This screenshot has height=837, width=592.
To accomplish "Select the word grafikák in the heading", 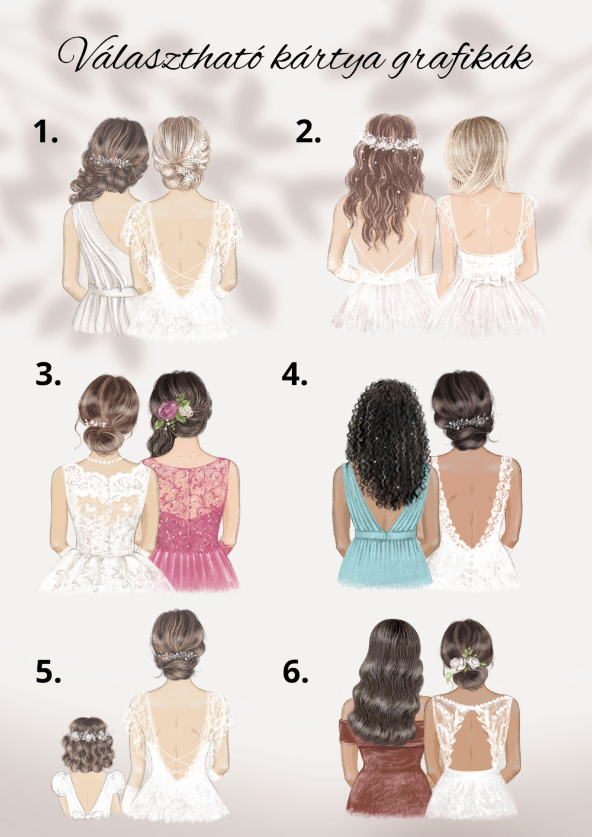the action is pos(460,60).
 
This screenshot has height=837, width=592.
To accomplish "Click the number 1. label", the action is pos(46,132).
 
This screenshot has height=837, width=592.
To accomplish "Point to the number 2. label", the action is pos(308,132).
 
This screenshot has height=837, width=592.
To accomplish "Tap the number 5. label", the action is pos(48,671).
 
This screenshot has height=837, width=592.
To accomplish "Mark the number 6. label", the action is pos(295,671).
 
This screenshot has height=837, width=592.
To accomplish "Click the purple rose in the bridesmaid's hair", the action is pos(167,410).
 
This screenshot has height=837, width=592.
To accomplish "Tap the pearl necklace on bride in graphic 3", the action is pos(105,459).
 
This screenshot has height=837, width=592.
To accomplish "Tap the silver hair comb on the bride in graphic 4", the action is pos(469,423).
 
